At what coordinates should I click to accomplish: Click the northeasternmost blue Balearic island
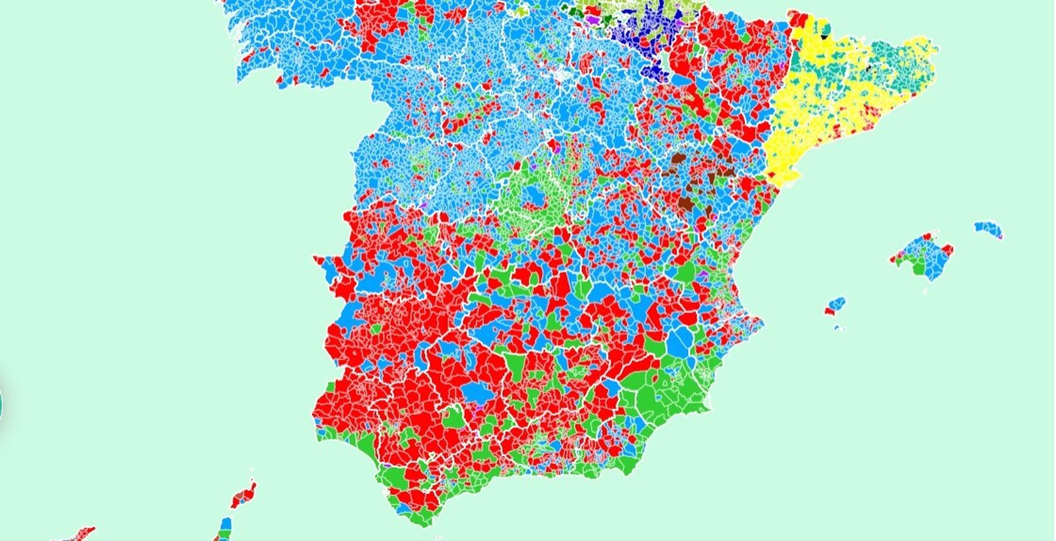click(987, 228)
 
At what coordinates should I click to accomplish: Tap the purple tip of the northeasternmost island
click(1000, 236)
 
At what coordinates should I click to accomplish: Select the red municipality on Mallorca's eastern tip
click(948, 250)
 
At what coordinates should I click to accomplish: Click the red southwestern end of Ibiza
click(828, 311)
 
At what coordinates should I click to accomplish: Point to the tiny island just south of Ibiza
click(838, 327)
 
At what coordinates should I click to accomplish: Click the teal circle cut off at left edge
click(1, 402)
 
